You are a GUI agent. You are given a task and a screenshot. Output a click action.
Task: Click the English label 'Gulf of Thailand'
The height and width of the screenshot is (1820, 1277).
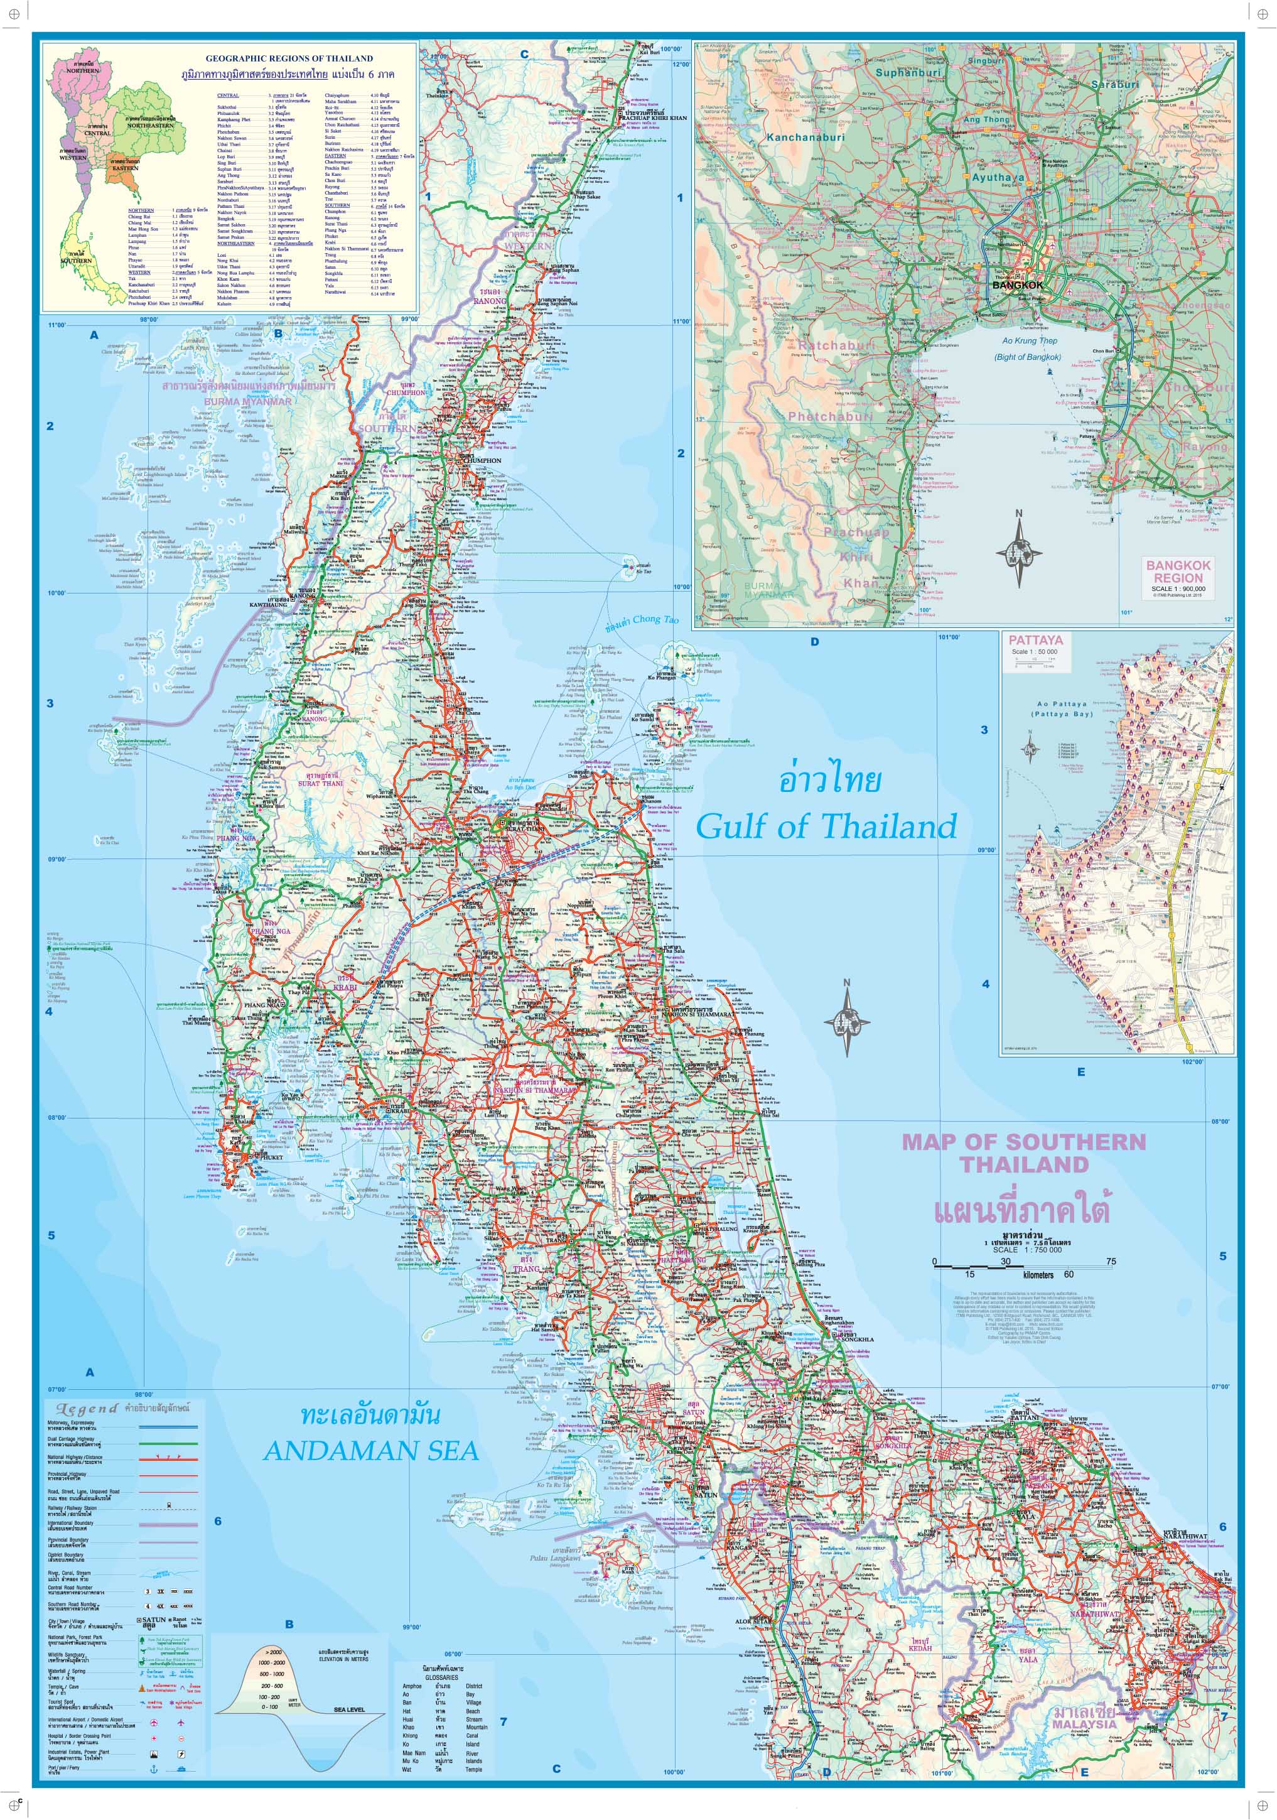[x=826, y=826]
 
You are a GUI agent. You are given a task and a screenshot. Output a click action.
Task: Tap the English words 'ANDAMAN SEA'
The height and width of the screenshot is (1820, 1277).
[x=371, y=1450]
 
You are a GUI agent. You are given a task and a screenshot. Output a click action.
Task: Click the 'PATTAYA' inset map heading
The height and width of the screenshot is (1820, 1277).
[x=1035, y=640]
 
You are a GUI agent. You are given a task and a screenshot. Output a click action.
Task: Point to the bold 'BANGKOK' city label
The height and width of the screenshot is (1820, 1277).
[x=1018, y=284]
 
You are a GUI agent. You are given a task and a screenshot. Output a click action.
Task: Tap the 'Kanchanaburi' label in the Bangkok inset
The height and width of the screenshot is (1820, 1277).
[x=806, y=137]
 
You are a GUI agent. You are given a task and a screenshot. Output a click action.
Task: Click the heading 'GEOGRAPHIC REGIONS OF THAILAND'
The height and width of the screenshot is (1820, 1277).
[x=289, y=58]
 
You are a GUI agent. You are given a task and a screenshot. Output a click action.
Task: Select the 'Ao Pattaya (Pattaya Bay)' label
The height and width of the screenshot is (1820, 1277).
[x=1062, y=708]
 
